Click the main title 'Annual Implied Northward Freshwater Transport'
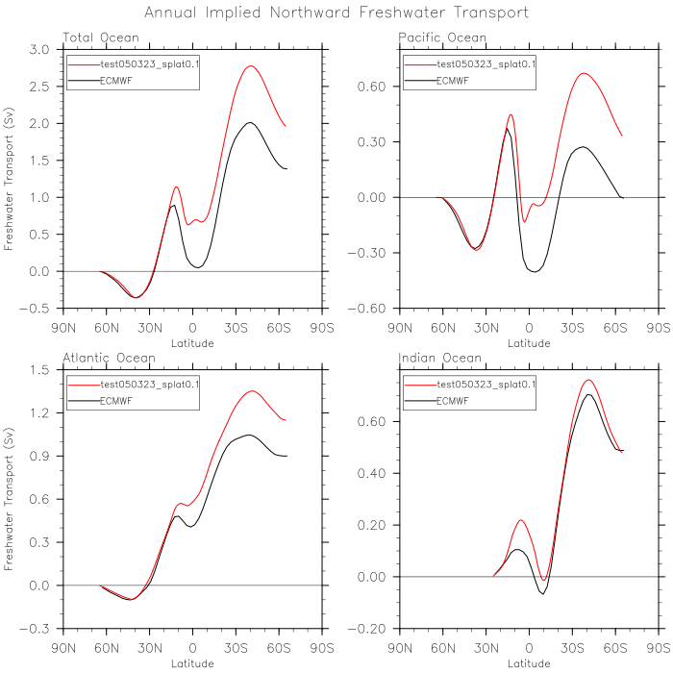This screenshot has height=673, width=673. pyautogui.click(x=336, y=12)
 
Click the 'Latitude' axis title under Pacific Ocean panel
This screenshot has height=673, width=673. pyautogui.click(x=530, y=342)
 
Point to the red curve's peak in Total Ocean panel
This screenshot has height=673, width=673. pyautogui.click(x=250, y=66)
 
